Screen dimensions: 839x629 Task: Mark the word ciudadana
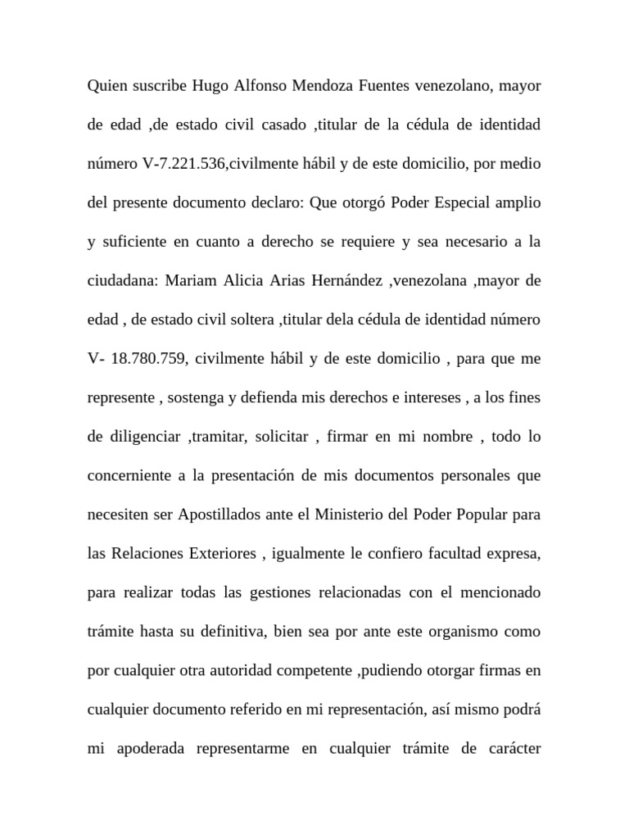point(122,281)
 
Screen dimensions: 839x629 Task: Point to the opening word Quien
point(107,86)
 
